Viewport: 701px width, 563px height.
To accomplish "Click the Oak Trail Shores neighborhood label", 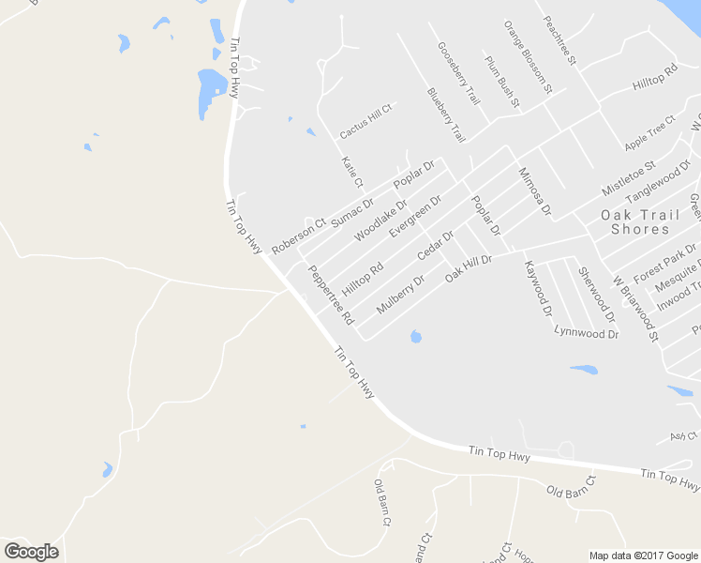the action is [x=640, y=221].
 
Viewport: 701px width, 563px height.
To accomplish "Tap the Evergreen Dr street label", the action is [x=415, y=216].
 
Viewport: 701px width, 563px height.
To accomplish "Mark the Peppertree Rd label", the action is [x=331, y=294].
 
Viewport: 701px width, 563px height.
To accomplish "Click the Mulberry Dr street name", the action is [x=400, y=293].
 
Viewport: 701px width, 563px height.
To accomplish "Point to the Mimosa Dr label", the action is [x=534, y=192].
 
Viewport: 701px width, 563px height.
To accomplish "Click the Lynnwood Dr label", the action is [x=587, y=331].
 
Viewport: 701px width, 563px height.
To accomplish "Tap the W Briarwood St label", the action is [x=636, y=307].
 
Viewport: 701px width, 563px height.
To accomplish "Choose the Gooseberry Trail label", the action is [x=459, y=73].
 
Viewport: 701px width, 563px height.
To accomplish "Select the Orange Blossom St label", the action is [x=528, y=56].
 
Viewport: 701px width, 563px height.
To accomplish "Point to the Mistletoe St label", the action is [x=628, y=177].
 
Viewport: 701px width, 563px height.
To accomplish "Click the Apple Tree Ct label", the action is [x=649, y=132].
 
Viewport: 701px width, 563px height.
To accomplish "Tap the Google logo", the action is [x=31, y=551].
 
